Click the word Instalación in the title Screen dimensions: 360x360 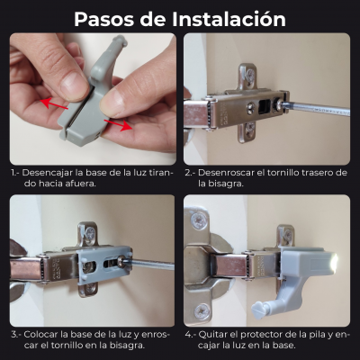pyautogui.click(x=229, y=19)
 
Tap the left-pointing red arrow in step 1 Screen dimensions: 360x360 pyautogui.click(x=54, y=104)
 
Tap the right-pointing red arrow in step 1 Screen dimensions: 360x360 pyautogui.click(x=118, y=125)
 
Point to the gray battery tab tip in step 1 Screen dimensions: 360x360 pyautogui.click(x=120, y=40)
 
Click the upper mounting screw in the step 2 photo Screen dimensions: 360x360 pyautogui.click(x=249, y=73)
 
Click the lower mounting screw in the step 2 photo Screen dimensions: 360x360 pyautogui.click(x=249, y=130)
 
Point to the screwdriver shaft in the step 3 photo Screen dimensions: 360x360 pyautogui.click(x=150, y=264)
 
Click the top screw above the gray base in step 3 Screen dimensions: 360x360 pyautogui.click(x=89, y=233)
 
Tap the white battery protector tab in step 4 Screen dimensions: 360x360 pyautogui.click(x=257, y=310)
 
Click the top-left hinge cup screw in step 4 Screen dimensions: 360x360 pyautogui.click(x=199, y=220)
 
